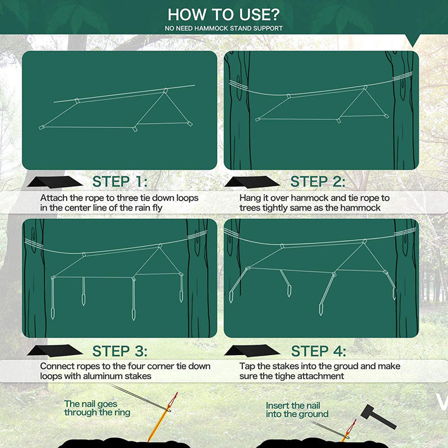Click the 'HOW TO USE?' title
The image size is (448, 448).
[x=224, y=15]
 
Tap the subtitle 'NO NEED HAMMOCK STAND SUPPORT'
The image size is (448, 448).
[x=224, y=28]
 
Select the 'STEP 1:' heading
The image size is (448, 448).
[x=120, y=181]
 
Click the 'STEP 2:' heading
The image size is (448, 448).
[x=318, y=181]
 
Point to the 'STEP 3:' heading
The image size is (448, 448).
[x=120, y=351]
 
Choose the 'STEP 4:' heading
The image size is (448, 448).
[x=318, y=351]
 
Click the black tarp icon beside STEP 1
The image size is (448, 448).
[x=54, y=182]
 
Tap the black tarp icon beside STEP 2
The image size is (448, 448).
[x=252, y=182]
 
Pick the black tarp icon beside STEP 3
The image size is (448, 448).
[x=54, y=351]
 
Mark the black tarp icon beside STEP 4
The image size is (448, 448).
[x=253, y=351]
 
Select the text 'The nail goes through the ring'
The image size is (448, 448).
[x=97, y=408]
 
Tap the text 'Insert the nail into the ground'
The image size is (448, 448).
[x=297, y=410]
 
